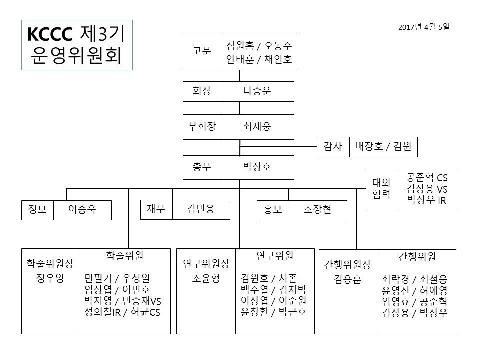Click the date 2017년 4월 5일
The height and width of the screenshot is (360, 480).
pos(424,27)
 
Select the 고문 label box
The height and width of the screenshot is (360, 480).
pos(202,51)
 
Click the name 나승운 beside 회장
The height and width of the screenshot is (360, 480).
pos(257,91)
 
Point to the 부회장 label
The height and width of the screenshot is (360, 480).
pos(202,126)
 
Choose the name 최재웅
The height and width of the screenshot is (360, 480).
pos(257,126)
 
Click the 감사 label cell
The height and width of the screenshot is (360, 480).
pos(333,147)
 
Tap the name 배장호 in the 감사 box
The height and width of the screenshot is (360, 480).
pos(368,147)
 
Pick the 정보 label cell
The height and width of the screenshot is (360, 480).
pos(37,210)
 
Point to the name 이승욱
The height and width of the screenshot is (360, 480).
pos(82,210)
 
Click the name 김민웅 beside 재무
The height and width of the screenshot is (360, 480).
pos(201,209)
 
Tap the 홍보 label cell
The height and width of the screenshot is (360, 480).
pos(273,210)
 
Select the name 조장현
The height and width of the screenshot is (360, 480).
pos(317,210)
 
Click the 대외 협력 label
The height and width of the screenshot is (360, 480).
pos(382,189)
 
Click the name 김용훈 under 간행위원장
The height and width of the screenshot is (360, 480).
pos(347,280)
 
